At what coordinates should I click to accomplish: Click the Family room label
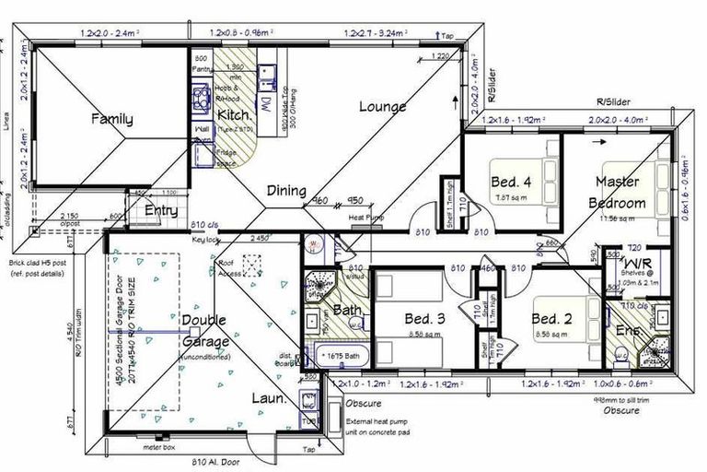click(x=110, y=119)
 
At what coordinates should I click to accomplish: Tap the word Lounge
click(x=382, y=107)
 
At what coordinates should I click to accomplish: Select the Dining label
click(x=286, y=191)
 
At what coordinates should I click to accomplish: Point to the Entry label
click(x=162, y=211)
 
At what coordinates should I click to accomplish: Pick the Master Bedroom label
click(x=618, y=192)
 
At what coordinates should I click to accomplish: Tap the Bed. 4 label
click(x=509, y=181)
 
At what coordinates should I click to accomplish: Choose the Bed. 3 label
click(x=425, y=319)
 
